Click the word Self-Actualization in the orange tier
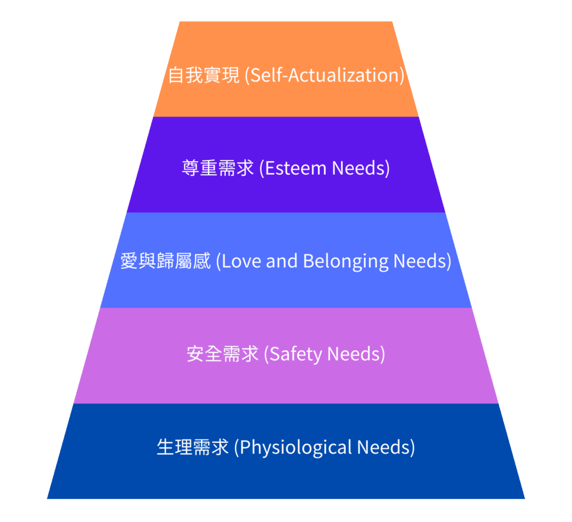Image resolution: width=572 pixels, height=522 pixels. coord(326,75)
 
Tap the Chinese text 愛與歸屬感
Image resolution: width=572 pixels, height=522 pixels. coord(165,261)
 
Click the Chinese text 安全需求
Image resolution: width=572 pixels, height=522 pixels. coord(222,354)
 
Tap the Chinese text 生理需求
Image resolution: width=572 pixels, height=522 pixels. coord(193,447)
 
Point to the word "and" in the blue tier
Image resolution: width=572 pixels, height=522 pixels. coord(282,261)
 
